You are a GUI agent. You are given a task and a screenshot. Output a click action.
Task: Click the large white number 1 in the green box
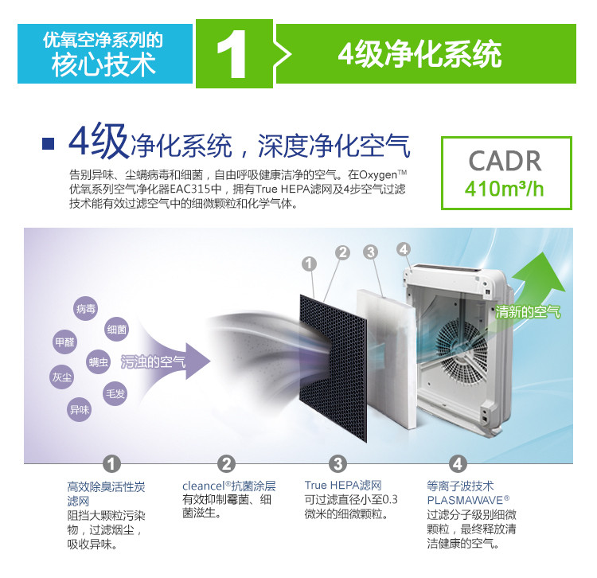(232, 54)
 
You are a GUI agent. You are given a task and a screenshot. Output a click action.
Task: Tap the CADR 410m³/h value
(505, 189)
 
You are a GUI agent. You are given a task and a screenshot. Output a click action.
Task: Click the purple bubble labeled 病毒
(86, 308)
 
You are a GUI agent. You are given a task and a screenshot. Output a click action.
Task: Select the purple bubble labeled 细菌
(116, 329)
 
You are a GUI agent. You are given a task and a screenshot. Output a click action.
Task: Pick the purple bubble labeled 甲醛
(64, 342)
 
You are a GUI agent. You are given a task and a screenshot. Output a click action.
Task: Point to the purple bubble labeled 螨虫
(98, 361)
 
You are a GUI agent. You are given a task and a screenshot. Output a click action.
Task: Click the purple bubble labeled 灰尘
(61, 377)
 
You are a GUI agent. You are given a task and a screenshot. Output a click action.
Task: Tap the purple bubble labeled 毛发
(115, 394)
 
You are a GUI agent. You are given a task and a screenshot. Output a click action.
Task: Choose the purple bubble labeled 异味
(80, 410)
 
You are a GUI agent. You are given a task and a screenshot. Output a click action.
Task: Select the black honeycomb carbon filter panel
(334, 368)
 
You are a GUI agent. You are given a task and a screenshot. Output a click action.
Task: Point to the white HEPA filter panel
(386, 359)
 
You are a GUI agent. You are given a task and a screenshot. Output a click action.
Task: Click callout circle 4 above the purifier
(404, 250)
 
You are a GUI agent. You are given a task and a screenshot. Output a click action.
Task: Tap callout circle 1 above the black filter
(309, 264)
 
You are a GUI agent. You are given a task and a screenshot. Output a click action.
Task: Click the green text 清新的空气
(528, 312)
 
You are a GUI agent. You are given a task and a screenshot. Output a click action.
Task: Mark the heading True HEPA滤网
(342, 486)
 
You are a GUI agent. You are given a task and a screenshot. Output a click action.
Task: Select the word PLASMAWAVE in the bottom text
(465, 499)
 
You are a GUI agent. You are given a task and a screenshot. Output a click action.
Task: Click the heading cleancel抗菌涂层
(228, 486)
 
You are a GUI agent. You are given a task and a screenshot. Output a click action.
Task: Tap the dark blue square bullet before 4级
(48, 143)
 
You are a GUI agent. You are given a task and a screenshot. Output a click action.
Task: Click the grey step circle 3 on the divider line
(338, 464)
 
